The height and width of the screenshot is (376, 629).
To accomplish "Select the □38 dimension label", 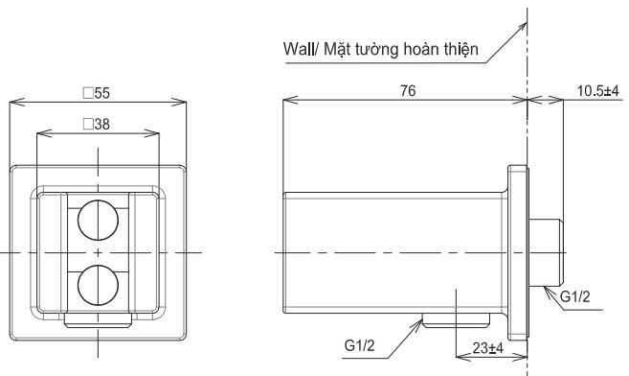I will pos(97,126).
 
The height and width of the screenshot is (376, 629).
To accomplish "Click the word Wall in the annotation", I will pos(301,47).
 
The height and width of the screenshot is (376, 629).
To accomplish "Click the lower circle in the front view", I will pos(98,285).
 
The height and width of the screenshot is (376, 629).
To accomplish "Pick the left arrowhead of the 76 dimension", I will pos(288,99).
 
